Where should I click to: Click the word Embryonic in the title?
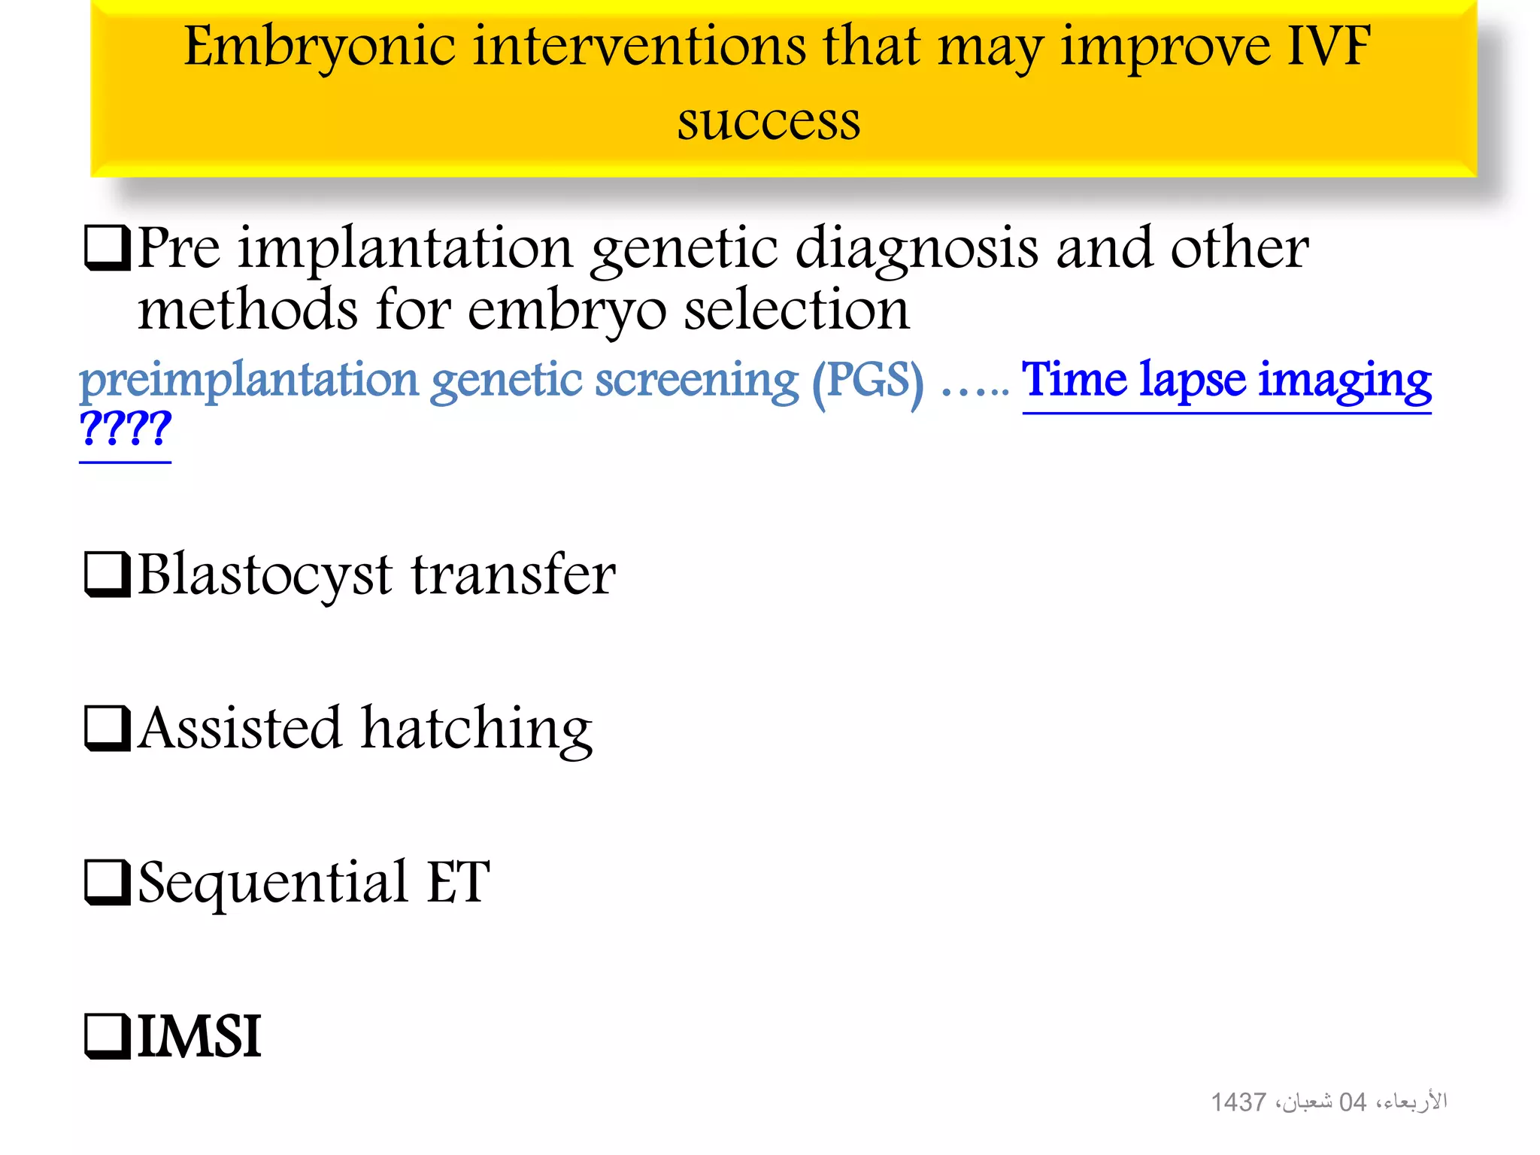click(319, 47)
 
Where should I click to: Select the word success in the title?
click(768, 122)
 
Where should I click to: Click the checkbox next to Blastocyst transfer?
click(106, 574)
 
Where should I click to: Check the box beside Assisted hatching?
click(106, 728)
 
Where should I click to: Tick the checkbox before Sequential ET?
click(106, 882)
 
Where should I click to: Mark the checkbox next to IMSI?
click(106, 1036)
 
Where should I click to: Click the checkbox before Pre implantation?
click(106, 248)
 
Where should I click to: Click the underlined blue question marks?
click(125, 429)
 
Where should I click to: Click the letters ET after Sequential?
click(459, 881)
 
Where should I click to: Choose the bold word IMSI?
click(199, 1036)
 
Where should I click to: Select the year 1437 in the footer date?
click(1238, 1102)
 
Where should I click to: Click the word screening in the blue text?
click(696, 381)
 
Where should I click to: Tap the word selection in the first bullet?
click(796, 310)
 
